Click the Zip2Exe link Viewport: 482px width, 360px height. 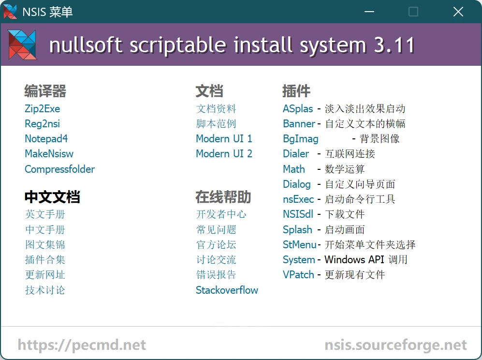click(x=43, y=108)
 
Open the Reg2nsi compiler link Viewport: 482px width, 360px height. click(x=43, y=124)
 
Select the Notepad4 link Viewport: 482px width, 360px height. click(x=46, y=139)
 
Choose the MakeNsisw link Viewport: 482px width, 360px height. click(x=49, y=153)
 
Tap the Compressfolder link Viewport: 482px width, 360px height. click(x=59, y=169)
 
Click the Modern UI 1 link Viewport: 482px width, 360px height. click(x=224, y=139)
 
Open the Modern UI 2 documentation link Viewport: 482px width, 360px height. click(x=224, y=153)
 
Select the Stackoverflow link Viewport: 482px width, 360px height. click(x=227, y=290)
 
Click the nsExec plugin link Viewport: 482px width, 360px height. click(x=298, y=199)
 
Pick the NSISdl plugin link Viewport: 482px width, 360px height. click(x=298, y=214)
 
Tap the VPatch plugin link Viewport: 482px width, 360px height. click(x=298, y=274)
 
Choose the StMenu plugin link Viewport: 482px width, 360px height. click(x=299, y=245)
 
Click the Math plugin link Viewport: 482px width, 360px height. click(x=294, y=169)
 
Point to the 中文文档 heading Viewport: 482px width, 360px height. click(x=52, y=197)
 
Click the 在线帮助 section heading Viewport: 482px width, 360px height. click(x=223, y=197)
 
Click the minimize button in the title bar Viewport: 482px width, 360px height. click(x=369, y=12)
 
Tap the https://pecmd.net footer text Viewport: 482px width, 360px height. click(x=82, y=345)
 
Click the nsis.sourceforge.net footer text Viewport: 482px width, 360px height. click(x=395, y=345)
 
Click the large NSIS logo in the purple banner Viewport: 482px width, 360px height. click(x=22, y=45)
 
